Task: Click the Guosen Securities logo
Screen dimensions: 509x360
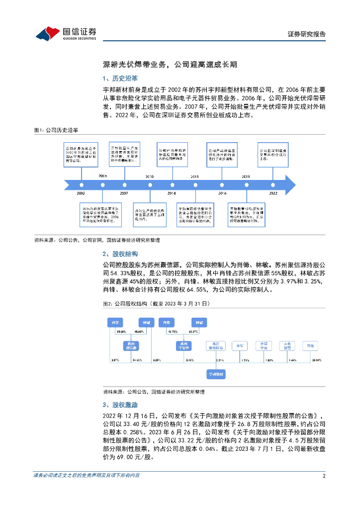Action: point(66,33)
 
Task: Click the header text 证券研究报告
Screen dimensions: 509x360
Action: point(307,34)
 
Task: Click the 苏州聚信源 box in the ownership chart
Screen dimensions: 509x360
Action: point(132,345)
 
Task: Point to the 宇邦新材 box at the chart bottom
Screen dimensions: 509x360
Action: point(217,373)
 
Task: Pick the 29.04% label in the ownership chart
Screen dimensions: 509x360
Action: point(315,359)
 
